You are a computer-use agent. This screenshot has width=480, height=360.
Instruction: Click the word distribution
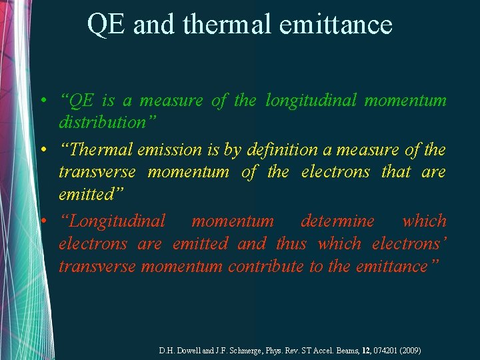pos(102,123)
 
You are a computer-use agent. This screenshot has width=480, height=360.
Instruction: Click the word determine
pos(337,221)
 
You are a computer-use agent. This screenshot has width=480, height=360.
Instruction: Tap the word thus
pos(291,244)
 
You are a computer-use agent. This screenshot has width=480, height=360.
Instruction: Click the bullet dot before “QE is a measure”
pos(42,101)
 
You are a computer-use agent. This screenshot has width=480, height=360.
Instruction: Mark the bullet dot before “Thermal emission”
pos(42,151)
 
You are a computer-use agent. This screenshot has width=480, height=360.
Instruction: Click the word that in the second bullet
pos(396,173)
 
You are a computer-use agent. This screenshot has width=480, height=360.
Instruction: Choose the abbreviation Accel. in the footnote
pos(323,350)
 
